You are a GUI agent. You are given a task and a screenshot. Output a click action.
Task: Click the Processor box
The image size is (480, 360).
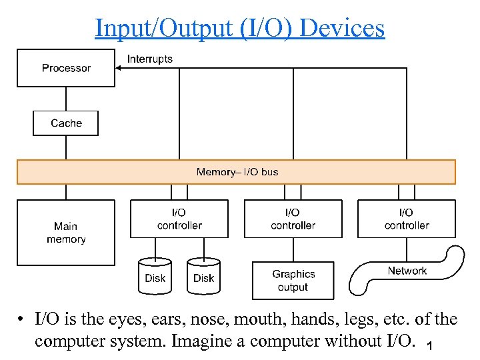coord(66,68)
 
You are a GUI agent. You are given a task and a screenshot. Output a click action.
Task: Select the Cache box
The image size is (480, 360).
coord(66,123)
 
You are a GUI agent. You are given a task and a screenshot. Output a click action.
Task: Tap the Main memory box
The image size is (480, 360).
coord(66,233)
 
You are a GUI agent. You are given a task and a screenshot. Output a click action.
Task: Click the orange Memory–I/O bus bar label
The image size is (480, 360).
coord(237,172)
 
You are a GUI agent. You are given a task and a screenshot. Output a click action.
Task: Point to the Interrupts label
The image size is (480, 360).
coord(150,59)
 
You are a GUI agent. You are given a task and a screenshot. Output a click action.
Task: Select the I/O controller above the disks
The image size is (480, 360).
coord(179,219)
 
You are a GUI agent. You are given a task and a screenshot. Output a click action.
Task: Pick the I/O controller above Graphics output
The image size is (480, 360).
coord(293,219)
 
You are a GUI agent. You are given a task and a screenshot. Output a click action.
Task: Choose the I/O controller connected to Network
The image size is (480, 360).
coord(407,219)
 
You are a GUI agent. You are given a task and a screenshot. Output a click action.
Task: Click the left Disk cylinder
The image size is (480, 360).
coord(155,277)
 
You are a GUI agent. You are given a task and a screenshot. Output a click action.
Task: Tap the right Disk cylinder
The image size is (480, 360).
coord(203,277)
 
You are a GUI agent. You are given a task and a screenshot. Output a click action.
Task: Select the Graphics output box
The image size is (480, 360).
coord(293,281)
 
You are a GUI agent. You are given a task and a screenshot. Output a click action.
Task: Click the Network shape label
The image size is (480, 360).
coord(407,271)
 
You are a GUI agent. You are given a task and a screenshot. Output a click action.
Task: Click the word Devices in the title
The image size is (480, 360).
coord(343,28)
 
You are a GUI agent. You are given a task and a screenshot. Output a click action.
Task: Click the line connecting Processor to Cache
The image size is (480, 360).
coord(66,99)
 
